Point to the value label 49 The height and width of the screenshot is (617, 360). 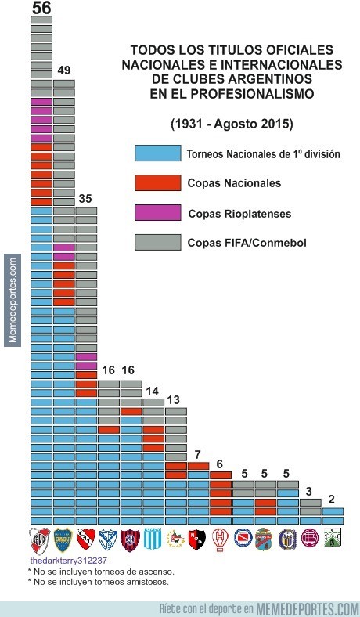64,70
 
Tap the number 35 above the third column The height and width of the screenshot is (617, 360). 86,198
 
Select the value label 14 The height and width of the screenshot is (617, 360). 153,391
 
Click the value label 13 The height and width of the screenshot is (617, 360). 175,400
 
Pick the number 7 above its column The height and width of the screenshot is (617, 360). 198,455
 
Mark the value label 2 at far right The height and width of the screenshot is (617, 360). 332,500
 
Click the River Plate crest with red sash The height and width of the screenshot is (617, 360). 41,540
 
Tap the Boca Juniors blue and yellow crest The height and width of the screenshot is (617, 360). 63,540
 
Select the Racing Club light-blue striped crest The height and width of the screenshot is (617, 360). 153,540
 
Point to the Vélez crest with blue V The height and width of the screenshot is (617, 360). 108,540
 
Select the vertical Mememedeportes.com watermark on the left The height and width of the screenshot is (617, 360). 12,301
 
